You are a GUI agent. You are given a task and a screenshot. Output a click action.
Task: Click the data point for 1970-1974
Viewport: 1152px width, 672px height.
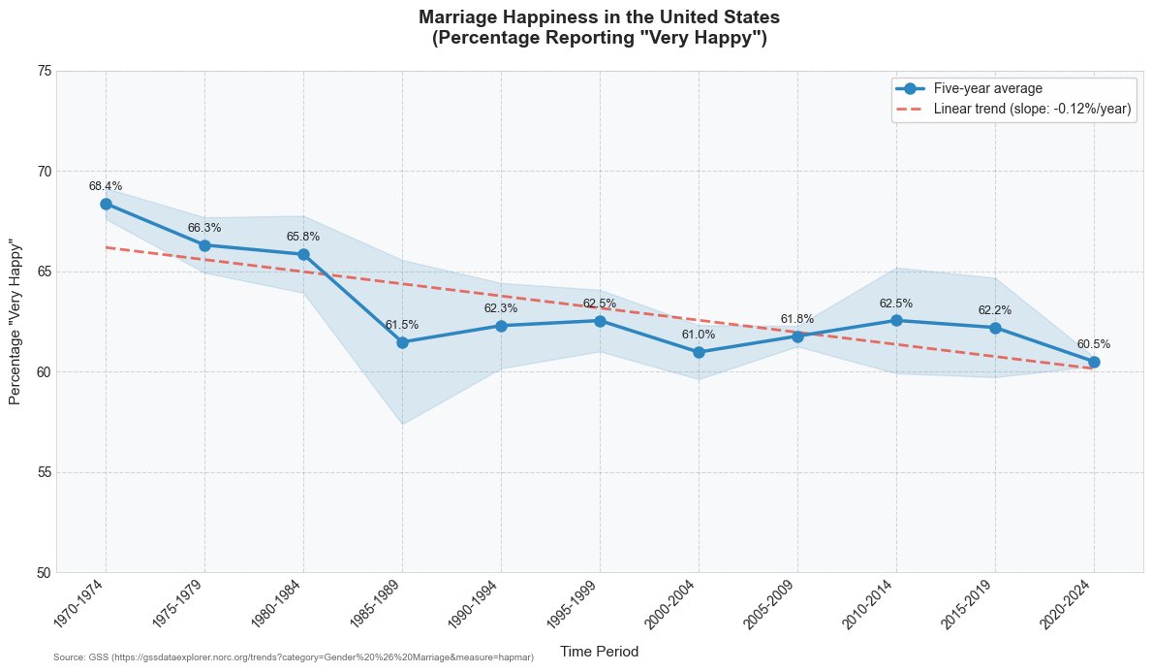click(x=106, y=204)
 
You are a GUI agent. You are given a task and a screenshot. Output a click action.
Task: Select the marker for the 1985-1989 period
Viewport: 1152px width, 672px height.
click(x=402, y=342)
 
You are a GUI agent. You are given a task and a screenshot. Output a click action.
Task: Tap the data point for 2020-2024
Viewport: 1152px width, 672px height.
click(x=1093, y=362)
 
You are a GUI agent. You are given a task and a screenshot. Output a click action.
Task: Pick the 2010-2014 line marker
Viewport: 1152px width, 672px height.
click(x=896, y=321)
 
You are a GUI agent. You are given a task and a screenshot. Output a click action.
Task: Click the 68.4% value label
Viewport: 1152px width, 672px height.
click(x=106, y=186)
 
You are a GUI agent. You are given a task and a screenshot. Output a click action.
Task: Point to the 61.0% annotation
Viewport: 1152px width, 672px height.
click(x=698, y=335)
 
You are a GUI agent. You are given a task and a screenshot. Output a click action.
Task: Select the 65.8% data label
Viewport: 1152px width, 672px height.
click(x=302, y=237)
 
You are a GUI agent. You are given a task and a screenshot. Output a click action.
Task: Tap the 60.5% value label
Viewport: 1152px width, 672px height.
click(x=1093, y=344)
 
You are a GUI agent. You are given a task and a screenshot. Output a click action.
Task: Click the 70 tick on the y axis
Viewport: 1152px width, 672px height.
click(x=44, y=172)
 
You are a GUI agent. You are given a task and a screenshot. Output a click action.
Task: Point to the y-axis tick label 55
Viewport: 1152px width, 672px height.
click(x=44, y=472)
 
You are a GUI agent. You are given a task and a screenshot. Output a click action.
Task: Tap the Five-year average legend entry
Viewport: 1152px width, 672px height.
click(x=969, y=88)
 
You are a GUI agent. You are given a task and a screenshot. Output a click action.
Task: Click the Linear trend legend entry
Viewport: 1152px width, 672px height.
click(x=1013, y=109)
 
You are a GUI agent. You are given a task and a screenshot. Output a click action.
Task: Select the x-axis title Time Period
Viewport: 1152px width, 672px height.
click(x=600, y=652)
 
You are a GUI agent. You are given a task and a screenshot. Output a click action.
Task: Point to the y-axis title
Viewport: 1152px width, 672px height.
click(x=15, y=321)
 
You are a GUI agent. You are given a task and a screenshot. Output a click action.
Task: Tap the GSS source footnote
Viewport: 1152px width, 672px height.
click(x=294, y=657)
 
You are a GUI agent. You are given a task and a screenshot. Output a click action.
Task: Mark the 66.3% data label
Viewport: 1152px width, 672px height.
click(x=204, y=228)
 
